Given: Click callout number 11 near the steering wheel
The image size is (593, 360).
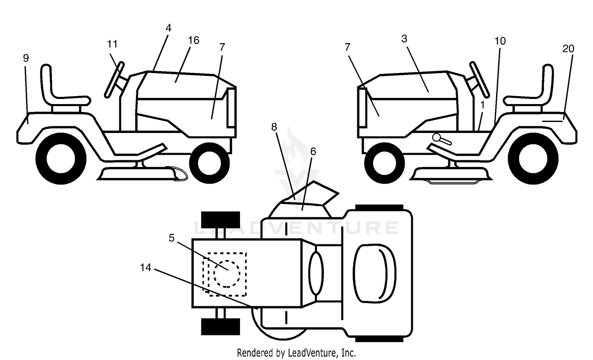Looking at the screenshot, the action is pos(112,44).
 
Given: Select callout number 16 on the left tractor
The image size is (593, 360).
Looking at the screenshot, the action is pos(194,40).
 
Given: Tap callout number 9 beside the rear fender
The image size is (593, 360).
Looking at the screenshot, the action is pos(26,58).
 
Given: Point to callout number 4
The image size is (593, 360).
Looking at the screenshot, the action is pos(168,28).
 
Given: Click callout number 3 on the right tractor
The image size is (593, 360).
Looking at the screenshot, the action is pos(404,39).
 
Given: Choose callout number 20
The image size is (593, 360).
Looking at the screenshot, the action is pos(568,49).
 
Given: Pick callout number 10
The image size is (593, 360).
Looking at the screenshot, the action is pos(500,41).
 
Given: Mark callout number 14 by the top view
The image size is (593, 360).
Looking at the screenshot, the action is pos(145,267).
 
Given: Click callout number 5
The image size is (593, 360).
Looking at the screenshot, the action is pos(172,238).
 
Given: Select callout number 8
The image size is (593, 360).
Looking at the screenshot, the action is pos(274,127).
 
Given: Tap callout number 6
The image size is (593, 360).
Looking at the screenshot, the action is pos(313,152).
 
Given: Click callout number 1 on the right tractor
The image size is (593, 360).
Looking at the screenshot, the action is pos(482,105).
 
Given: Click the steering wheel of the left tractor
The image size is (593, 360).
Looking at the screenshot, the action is pos(114,80).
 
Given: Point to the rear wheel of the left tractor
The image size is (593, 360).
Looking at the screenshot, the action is pos(61,159).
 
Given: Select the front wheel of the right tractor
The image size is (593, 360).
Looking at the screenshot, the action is pos(384,163).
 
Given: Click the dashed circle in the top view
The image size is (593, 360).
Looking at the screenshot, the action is pos(227,274).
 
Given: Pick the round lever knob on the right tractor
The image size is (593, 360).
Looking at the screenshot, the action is pos(436,137).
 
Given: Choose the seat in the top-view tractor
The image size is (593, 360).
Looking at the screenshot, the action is pos(375,273).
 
